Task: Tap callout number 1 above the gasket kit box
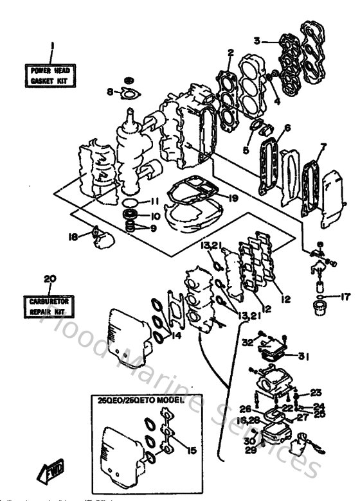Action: [x=52, y=46]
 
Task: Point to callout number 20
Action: [x=47, y=278]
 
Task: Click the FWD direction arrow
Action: [x=51, y=475]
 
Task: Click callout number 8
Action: [x=109, y=91]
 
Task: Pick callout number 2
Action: [x=229, y=53]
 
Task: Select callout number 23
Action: [x=315, y=392]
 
